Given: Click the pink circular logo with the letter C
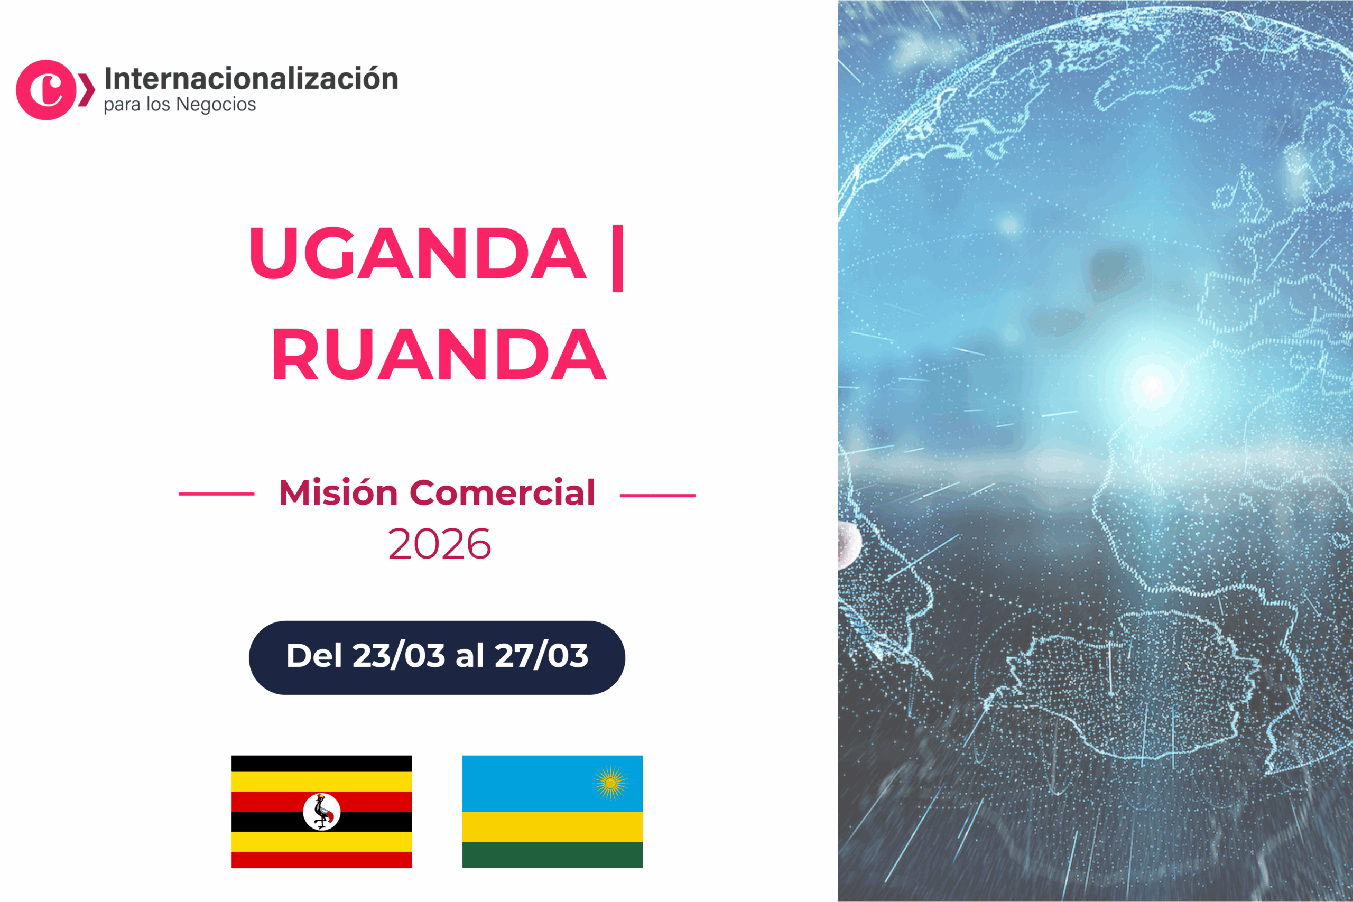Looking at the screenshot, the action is (46, 90).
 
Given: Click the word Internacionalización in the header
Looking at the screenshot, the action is (251, 79).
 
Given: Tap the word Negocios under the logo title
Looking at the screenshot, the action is (216, 105).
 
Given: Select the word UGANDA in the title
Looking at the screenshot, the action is (418, 253).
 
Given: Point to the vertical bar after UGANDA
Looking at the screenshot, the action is (618, 258).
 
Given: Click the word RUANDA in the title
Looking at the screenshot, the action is (439, 354).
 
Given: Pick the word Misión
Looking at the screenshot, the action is (338, 493).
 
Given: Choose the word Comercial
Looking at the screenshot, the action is (502, 493).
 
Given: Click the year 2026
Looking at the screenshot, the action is (440, 544).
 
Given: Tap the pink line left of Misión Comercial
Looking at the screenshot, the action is (216, 494).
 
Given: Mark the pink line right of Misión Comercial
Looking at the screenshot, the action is (657, 495).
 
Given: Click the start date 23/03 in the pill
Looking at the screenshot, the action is (399, 656).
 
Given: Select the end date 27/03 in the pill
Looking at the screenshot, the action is (541, 656).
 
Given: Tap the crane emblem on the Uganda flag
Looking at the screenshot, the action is (321, 812).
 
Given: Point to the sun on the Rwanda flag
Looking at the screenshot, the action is (610, 783).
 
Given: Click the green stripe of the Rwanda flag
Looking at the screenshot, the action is (552, 855).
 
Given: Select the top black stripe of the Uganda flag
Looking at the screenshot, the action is (321, 764).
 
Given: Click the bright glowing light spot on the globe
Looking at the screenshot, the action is (1152, 385).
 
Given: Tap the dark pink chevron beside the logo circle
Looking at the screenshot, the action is (86, 90).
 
